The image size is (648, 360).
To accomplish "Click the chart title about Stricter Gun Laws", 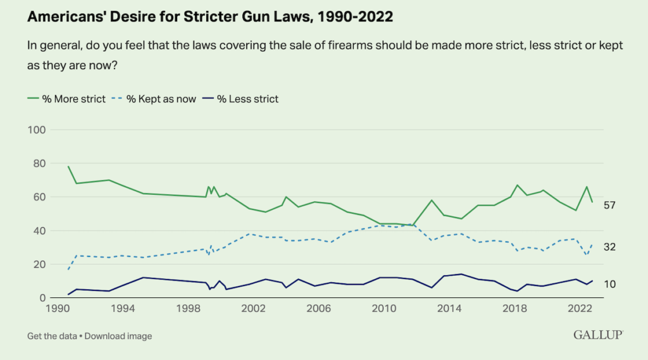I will tap(209, 17).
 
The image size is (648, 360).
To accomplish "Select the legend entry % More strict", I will tap(66, 99).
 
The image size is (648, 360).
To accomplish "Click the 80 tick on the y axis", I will tap(39, 163).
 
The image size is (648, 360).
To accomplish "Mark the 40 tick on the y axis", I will tap(39, 231).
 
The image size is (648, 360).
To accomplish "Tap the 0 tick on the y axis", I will tap(41, 298).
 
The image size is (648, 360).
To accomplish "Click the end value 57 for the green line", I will tap(610, 205).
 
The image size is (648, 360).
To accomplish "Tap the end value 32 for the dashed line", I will tap(610, 247).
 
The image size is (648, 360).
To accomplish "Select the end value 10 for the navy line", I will tap(610, 285).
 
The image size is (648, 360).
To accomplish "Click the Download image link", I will tap(118, 336).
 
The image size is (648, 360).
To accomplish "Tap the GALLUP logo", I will tap(599, 335).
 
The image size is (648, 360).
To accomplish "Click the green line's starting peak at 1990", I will tap(68, 167).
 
